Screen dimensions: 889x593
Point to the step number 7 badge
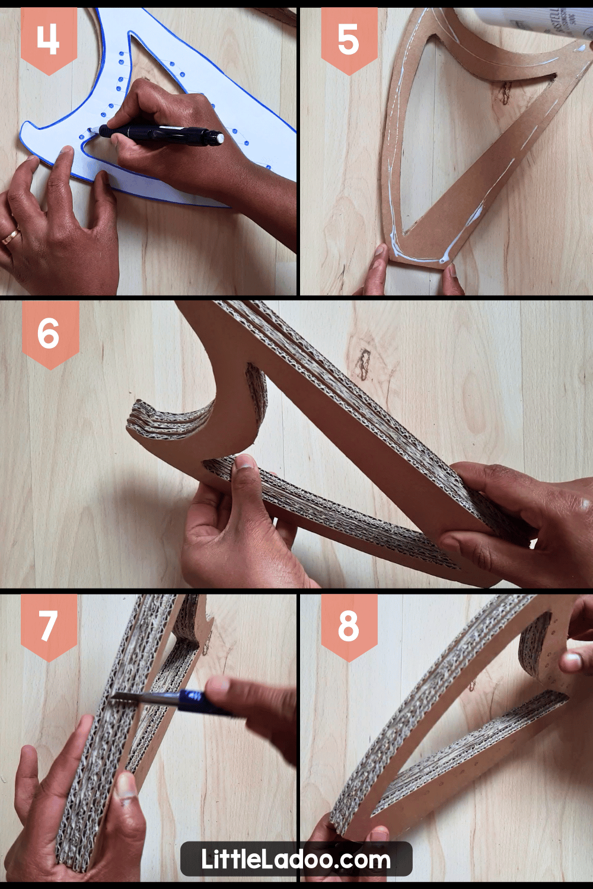[x=49, y=626]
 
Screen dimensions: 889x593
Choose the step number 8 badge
[x=349, y=626]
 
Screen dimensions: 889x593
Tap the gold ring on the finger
[x=10, y=238]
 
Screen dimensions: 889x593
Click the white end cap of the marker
[x=220, y=138]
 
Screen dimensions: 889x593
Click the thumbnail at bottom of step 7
[x=126, y=788]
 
